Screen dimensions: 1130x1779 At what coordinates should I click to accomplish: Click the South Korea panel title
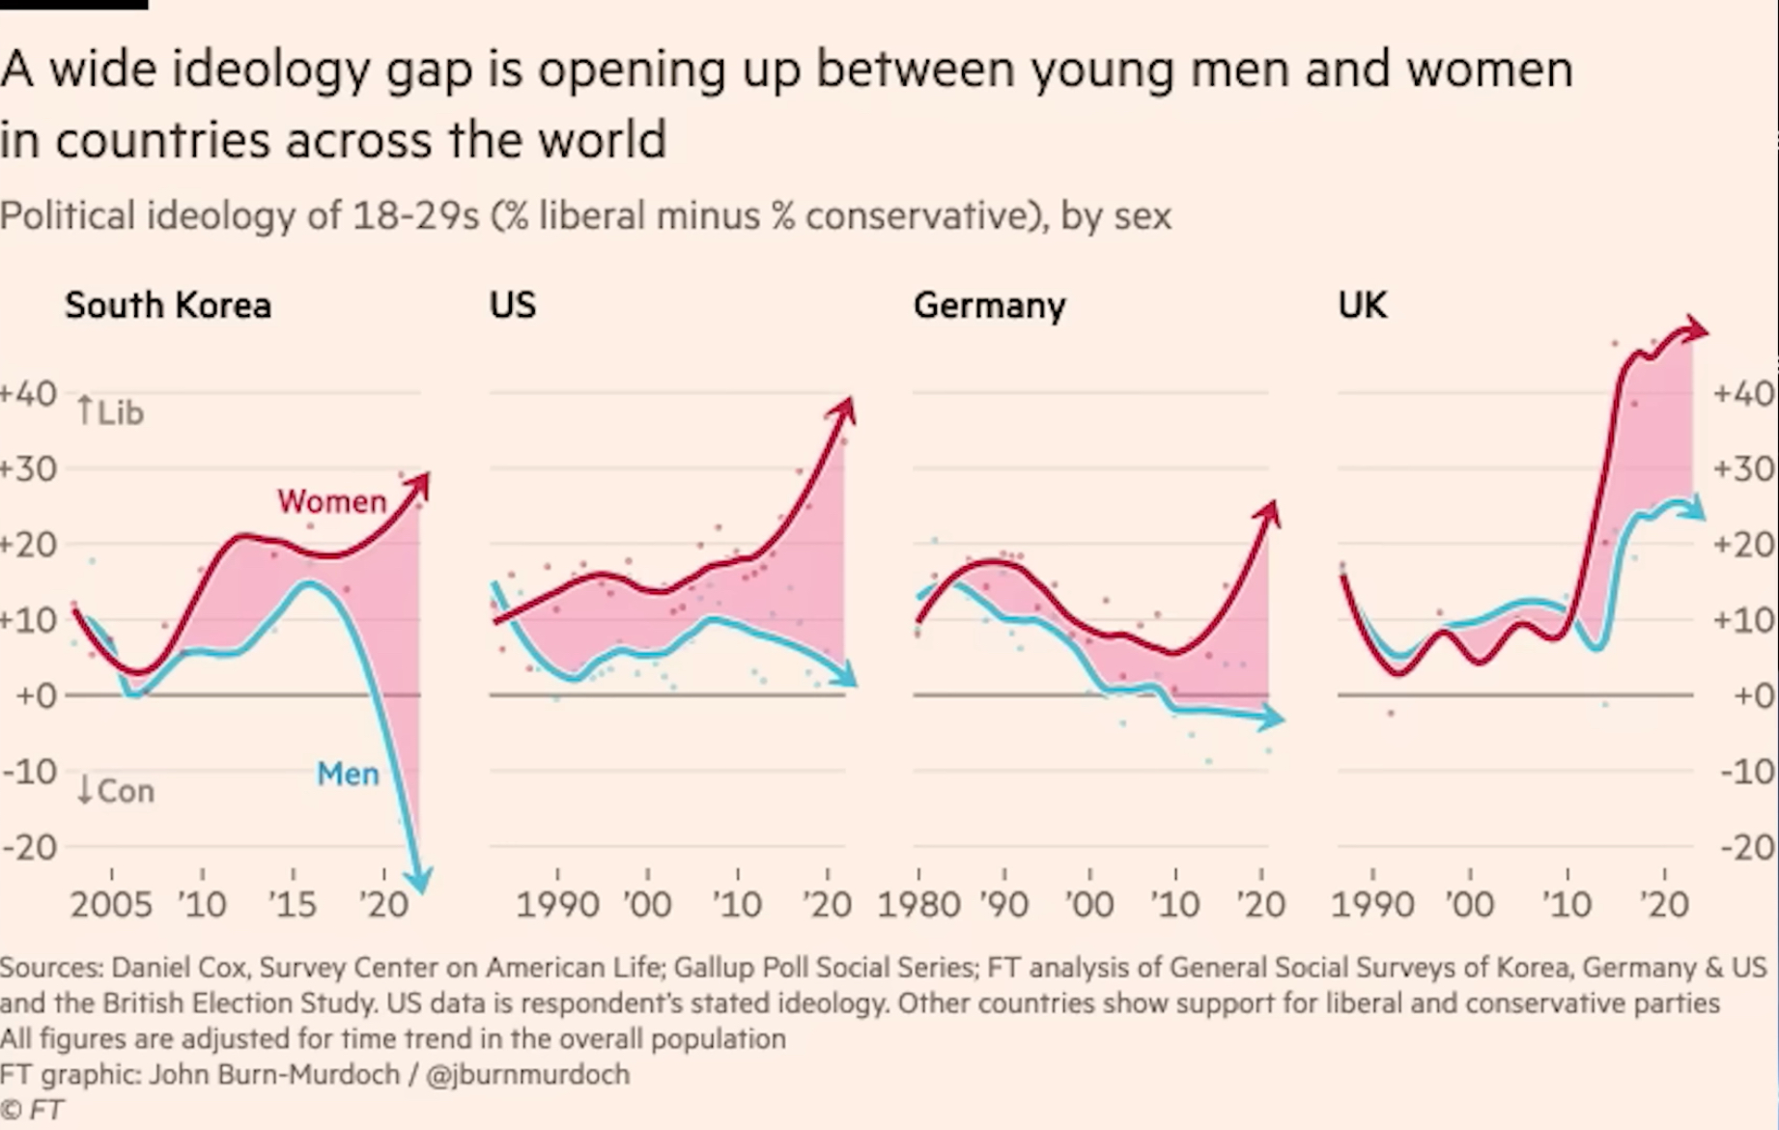point(168,305)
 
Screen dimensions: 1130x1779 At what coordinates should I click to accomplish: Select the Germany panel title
point(989,305)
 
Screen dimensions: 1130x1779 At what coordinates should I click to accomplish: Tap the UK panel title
point(1362,305)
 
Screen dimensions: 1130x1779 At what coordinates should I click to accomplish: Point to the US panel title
point(512,305)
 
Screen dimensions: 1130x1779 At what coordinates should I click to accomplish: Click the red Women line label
point(331,501)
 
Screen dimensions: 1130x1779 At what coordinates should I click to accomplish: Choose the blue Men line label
point(348,774)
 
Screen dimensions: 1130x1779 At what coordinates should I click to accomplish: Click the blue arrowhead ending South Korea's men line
point(419,880)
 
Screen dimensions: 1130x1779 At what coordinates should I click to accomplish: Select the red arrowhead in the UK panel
point(1694,329)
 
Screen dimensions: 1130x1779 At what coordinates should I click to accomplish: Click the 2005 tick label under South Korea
point(111,905)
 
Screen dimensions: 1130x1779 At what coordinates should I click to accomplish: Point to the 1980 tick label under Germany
point(918,905)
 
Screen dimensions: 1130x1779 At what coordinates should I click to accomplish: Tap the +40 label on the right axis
point(1743,393)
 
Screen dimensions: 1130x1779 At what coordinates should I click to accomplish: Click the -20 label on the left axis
point(30,847)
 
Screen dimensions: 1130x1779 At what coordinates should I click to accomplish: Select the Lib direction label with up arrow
point(110,412)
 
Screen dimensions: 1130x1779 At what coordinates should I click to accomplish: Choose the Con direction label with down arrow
point(115,791)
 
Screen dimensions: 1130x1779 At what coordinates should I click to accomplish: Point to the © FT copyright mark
point(32,1110)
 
